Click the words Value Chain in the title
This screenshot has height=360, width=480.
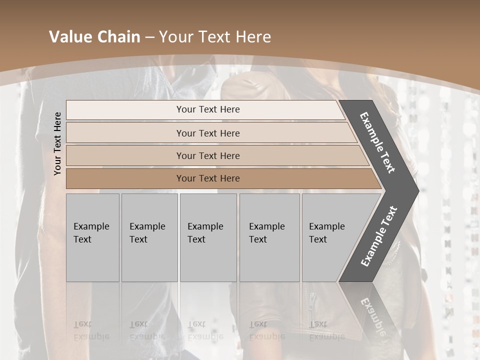click(x=94, y=37)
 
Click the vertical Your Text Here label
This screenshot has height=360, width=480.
click(x=58, y=143)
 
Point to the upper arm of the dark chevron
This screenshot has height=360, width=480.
click(x=377, y=142)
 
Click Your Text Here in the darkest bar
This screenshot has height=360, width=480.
click(x=208, y=178)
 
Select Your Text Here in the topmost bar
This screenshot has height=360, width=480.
click(x=208, y=109)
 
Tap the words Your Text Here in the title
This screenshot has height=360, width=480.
click(x=215, y=37)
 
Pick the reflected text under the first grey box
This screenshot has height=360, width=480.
click(x=91, y=330)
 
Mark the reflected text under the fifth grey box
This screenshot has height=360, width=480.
click(x=326, y=330)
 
